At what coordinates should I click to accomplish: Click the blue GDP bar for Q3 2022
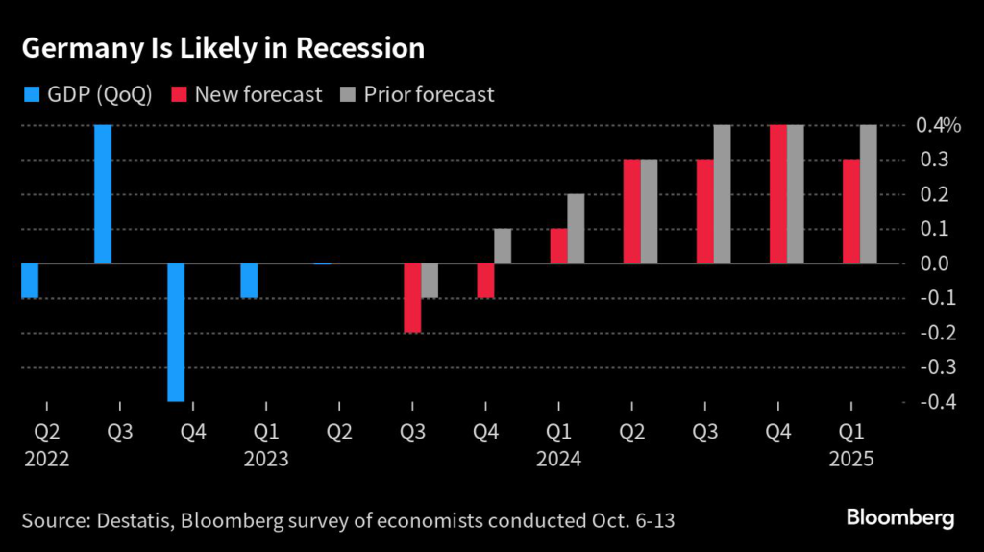103,194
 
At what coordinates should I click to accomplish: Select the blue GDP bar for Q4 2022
176,332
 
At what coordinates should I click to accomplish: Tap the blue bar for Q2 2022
30,281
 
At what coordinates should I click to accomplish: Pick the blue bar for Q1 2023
249,281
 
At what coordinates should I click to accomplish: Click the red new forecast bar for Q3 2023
412,298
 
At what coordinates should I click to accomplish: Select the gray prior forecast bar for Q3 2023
430,281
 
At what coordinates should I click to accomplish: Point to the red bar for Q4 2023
485,281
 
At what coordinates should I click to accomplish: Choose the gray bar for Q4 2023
503,246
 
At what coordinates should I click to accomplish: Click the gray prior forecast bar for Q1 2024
576,229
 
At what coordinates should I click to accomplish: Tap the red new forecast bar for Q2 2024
631,212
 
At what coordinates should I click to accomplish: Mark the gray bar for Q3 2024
722,194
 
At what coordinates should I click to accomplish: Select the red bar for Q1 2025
850,212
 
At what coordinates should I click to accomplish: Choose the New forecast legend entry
247,94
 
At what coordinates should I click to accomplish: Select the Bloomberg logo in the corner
900,518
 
